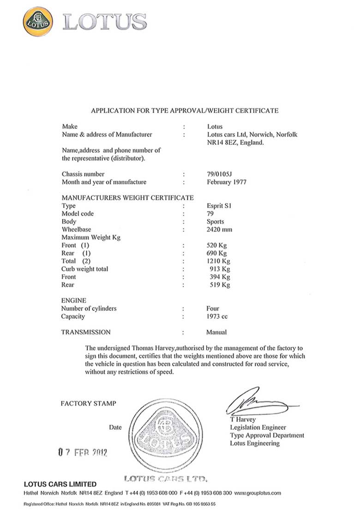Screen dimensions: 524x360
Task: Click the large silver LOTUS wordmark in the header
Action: (105, 22)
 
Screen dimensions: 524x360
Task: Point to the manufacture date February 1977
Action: (227, 182)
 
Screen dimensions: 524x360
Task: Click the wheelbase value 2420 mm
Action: (220, 229)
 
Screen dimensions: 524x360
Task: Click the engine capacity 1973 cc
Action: (217, 316)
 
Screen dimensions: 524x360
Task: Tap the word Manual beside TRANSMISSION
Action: (216, 332)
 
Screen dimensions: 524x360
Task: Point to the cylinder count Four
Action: (213, 309)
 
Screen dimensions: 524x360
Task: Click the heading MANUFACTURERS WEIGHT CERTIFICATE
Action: (128, 198)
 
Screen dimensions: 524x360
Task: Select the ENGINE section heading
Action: (73, 301)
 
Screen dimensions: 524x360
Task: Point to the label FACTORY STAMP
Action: (89, 404)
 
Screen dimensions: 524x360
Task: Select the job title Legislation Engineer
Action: (258, 428)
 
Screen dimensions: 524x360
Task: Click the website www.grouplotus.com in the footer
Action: (258, 493)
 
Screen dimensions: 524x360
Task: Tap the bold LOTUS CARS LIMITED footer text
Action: (60, 484)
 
